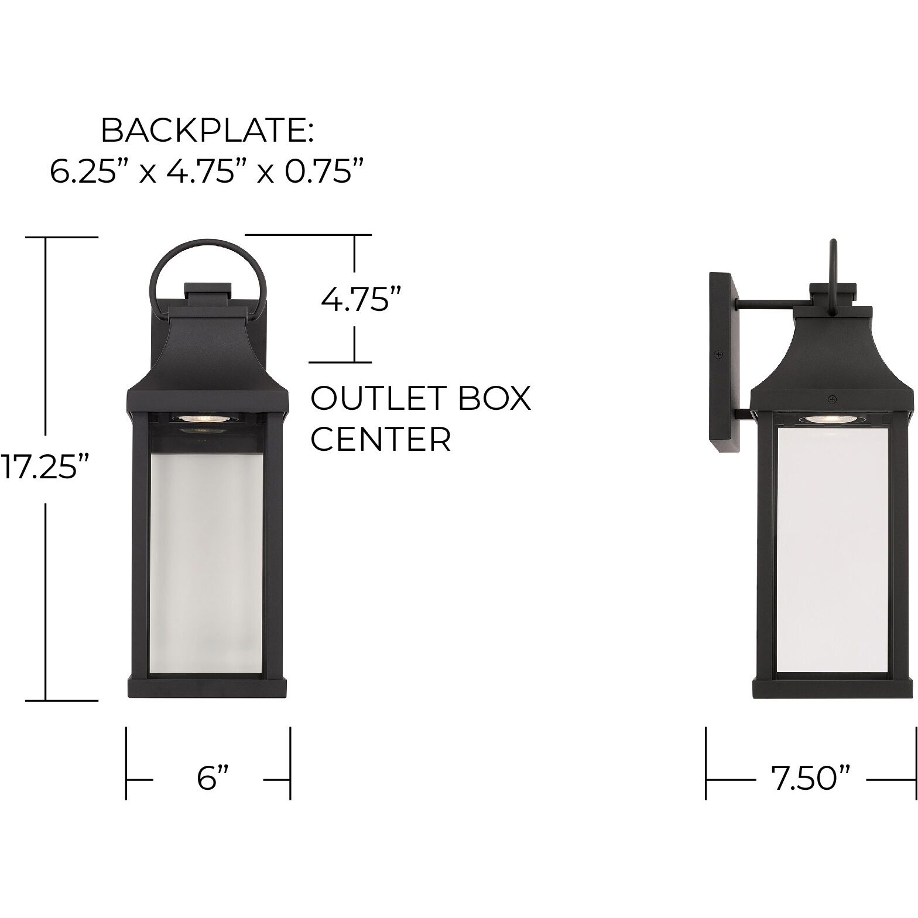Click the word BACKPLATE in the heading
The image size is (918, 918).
207,131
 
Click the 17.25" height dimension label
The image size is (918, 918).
46,468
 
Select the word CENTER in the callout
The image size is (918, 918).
381,439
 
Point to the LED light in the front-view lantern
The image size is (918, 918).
190,418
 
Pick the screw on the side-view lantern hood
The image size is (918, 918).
831,399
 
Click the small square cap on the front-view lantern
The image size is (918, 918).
208,293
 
